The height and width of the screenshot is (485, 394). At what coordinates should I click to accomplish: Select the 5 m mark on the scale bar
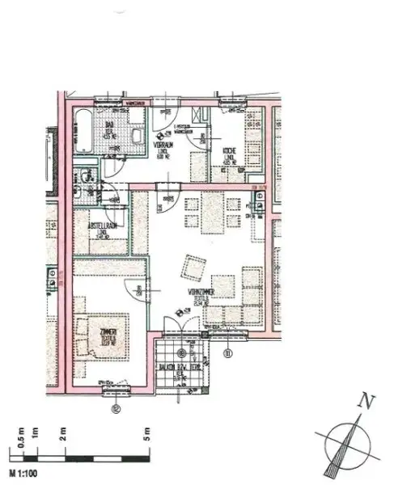pyautogui.click(x=148, y=432)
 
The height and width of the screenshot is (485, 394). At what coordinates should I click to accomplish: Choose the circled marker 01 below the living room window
pyautogui.click(x=227, y=352)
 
